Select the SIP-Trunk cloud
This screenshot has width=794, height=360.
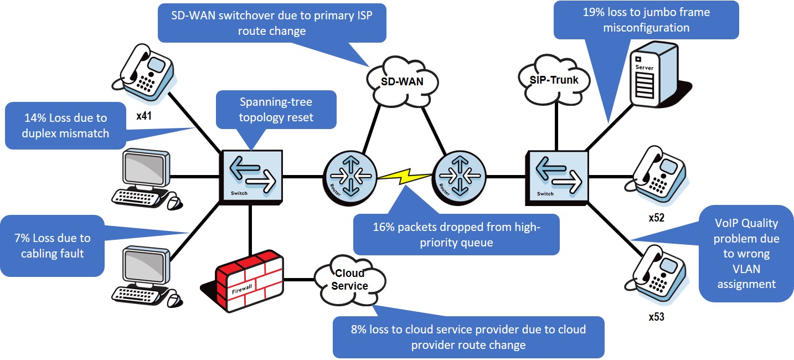coord(554,81)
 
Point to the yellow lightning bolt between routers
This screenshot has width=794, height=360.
coord(404,178)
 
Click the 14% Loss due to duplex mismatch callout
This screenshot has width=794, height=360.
coord(65,125)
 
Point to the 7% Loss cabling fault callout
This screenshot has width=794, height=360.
coord(53,246)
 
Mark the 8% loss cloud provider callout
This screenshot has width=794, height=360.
coord(468,337)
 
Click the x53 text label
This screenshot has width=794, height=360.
coord(656,318)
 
